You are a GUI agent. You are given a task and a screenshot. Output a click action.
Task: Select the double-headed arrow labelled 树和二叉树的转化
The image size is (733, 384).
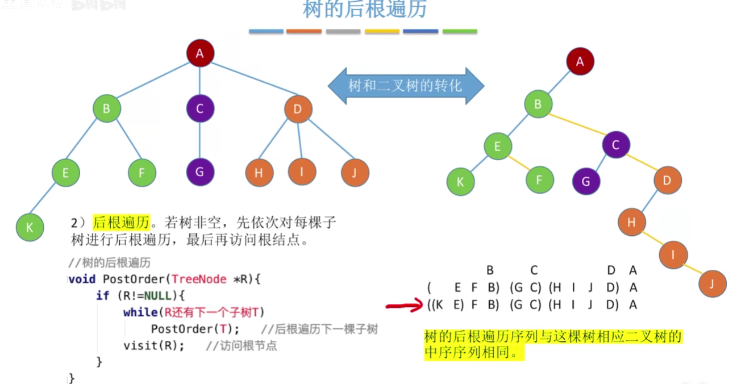pos(406,86)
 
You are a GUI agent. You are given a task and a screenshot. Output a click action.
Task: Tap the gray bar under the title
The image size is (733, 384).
pos(343,31)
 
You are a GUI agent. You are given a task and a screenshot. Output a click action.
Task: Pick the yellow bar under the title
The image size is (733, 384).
pos(382,31)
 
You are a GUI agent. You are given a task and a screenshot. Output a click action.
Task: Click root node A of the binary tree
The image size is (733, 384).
pos(580,61)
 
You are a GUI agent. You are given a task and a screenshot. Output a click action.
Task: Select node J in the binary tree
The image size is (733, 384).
pos(713,283)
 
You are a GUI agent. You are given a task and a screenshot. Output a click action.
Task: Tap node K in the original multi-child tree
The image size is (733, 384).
pos(30,227)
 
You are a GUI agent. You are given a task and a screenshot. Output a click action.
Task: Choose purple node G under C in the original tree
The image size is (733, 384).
pos(199,172)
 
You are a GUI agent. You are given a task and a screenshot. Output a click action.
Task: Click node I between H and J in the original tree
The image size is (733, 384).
pos(301,172)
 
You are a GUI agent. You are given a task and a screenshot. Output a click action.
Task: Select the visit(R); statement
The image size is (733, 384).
pos(153,345)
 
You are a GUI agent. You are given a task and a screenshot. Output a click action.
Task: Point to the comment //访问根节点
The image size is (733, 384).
pos(241,346)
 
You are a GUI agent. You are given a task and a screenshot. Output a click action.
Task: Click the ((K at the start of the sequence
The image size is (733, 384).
pos(435,304)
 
